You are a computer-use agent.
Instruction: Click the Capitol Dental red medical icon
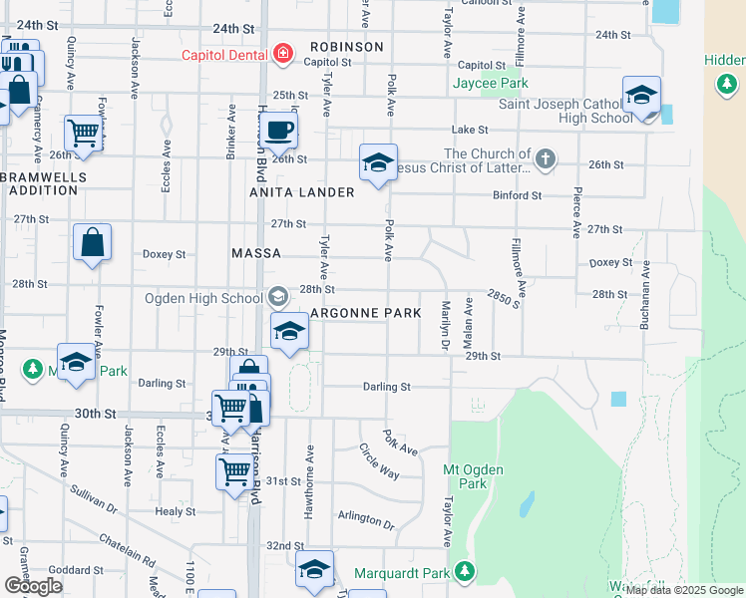pyautogui.click(x=283, y=54)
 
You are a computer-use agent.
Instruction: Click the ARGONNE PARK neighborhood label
pyautogui.click(x=365, y=313)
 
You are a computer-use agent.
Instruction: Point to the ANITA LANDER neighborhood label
pyautogui.click(x=304, y=191)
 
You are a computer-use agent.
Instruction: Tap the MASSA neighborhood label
pyautogui.click(x=256, y=253)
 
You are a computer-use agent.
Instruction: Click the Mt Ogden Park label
pyautogui.click(x=473, y=476)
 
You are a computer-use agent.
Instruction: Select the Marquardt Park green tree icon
pyautogui.click(x=464, y=573)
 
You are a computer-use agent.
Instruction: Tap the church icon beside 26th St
pyautogui.click(x=545, y=157)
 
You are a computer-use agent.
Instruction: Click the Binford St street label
pyautogui.click(x=517, y=196)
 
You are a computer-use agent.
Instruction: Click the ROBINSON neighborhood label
pyautogui.click(x=346, y=47)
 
